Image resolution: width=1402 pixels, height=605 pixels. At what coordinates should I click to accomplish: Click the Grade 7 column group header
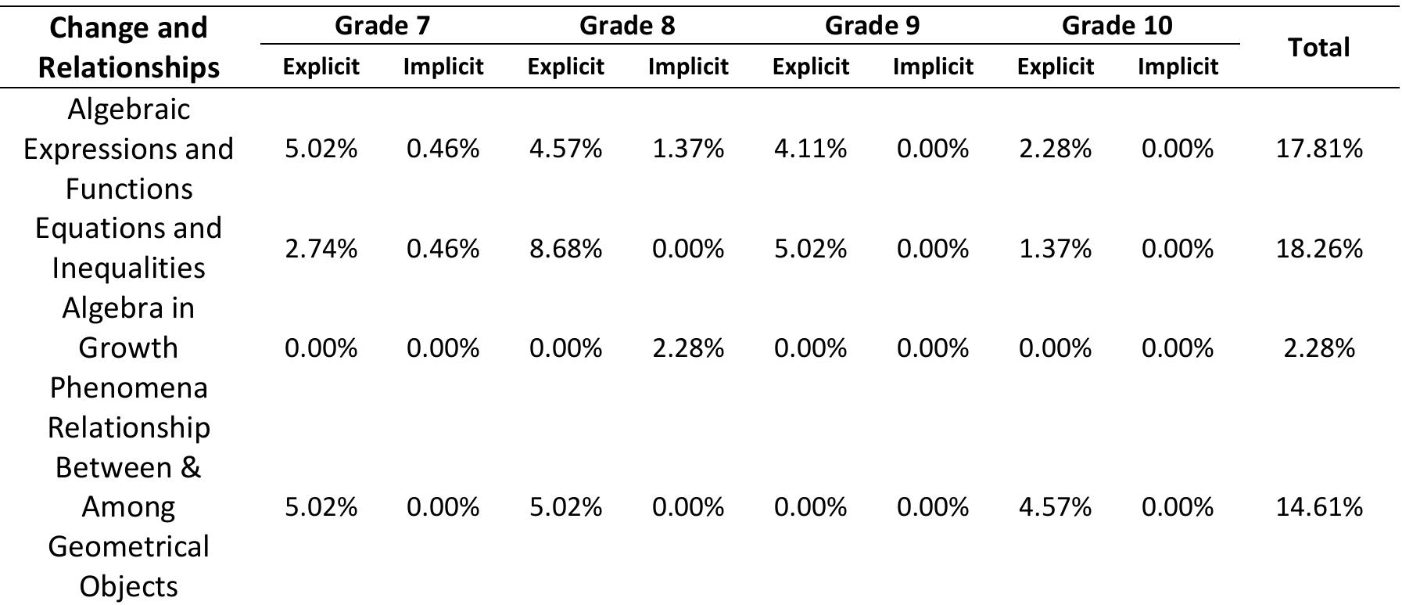(x=382, y=26)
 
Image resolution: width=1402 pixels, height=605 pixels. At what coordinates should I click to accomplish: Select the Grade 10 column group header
(x=1117, y=26)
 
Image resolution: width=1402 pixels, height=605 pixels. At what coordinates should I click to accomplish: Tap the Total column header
(x=1319, y=48)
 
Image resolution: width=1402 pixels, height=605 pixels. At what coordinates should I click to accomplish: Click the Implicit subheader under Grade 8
(x=688, y=67)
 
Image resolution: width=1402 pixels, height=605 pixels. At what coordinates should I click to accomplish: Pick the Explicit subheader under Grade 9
(x=810, y=67)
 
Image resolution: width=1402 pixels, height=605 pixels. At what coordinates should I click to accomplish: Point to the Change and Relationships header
(x=129, y=47)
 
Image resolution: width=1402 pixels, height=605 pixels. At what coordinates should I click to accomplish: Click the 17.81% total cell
(x=1319, y=148)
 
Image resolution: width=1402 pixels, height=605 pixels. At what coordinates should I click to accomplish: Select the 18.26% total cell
(x=1319, y=248)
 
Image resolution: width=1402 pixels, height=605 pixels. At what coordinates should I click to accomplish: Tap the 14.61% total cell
(x=1319, y=507)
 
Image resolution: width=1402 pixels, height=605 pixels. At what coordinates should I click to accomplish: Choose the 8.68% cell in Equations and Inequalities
(x=565, y=248)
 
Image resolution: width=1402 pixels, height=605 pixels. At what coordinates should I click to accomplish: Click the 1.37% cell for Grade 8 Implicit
(x=688, y=148)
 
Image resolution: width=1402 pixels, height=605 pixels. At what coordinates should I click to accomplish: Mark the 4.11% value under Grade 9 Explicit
(x=810, y=148)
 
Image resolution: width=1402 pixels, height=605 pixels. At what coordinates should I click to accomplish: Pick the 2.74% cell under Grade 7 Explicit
(x=321, y=248)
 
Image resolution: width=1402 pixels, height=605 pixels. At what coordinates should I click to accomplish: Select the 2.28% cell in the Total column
(x=1319, y=348)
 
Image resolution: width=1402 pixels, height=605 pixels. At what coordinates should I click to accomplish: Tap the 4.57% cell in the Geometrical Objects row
(x=1055, y=507)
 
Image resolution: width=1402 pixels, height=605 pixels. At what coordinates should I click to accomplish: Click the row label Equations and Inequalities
(x=129, y=247)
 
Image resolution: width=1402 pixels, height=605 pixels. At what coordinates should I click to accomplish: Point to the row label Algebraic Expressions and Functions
(x=129, y=149)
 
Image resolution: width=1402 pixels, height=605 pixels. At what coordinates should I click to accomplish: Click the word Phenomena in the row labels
(x=129, y=387)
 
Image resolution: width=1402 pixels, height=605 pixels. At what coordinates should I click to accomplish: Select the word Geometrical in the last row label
(x=129, y=546)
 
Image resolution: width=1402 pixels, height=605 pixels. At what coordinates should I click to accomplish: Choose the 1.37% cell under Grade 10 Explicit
(x=1055, y=248)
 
